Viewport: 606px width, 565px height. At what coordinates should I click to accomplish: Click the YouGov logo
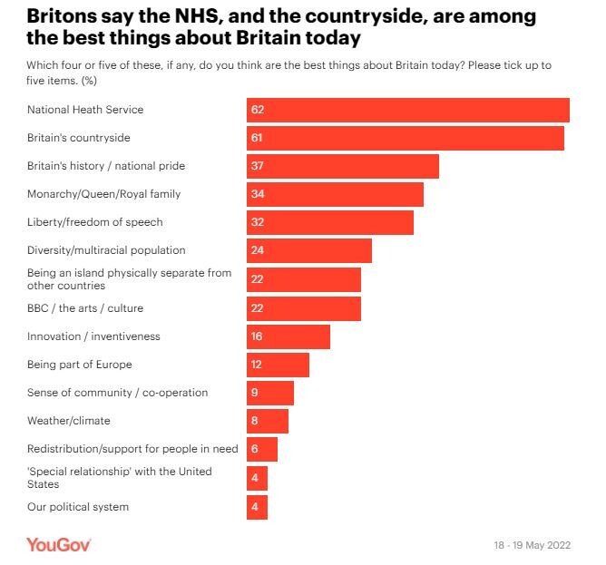point(58,544)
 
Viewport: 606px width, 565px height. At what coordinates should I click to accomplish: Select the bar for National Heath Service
point(408,110)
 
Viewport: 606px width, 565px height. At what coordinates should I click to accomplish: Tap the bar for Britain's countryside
point(406,138)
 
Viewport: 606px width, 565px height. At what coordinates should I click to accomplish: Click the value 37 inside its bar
point(258,167)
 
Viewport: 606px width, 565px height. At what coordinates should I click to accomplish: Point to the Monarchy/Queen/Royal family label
point(104,194)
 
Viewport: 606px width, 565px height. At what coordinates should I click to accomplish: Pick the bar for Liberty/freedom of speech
point(330,223)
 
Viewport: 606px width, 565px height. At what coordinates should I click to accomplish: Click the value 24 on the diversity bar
point(258,251)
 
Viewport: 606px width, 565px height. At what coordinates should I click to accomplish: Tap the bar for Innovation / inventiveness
point(288,336)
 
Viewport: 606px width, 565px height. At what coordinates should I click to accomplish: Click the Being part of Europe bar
point(279,365)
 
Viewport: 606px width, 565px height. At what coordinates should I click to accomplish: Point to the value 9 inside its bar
point(255,394)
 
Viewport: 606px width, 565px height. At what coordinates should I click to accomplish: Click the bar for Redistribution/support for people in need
point(262,450)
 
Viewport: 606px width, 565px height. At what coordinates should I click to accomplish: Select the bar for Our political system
point(257,507)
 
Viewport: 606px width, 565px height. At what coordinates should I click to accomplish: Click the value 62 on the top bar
point(258,110)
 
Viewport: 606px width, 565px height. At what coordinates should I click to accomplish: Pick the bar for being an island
point(304,279)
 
